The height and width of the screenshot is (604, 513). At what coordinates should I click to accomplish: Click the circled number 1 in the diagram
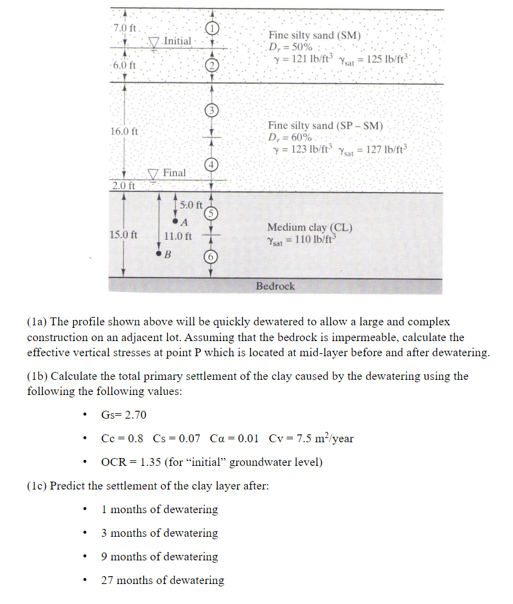tap(210, 28)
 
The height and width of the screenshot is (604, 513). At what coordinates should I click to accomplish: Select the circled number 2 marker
tap(210, 65)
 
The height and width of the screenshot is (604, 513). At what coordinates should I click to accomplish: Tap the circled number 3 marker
tap(210, 110)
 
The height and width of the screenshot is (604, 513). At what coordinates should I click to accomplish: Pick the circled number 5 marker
tap(210, 213)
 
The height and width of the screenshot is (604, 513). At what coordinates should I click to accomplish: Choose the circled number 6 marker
tap(210, 256)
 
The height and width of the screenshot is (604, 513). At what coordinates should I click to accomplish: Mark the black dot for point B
tap(159, 254)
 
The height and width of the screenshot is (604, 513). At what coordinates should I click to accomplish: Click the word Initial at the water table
tap(177, 41)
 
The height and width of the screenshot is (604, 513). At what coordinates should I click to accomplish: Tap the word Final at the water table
tap(174, 173)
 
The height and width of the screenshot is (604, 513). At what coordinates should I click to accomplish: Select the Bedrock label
tap(275, 286)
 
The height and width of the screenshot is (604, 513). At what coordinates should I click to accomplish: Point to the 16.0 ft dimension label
tap(124, 131)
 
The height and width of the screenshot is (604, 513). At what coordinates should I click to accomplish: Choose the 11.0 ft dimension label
tap(178, 236)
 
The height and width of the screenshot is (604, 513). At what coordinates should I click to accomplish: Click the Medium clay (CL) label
tap(310, 228)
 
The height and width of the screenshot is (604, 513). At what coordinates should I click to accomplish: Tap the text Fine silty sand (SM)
tap(315, 36)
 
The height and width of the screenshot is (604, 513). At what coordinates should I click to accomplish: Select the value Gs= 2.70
tap(123, 415)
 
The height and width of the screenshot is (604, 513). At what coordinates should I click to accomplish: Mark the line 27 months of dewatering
tap(163, 580)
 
